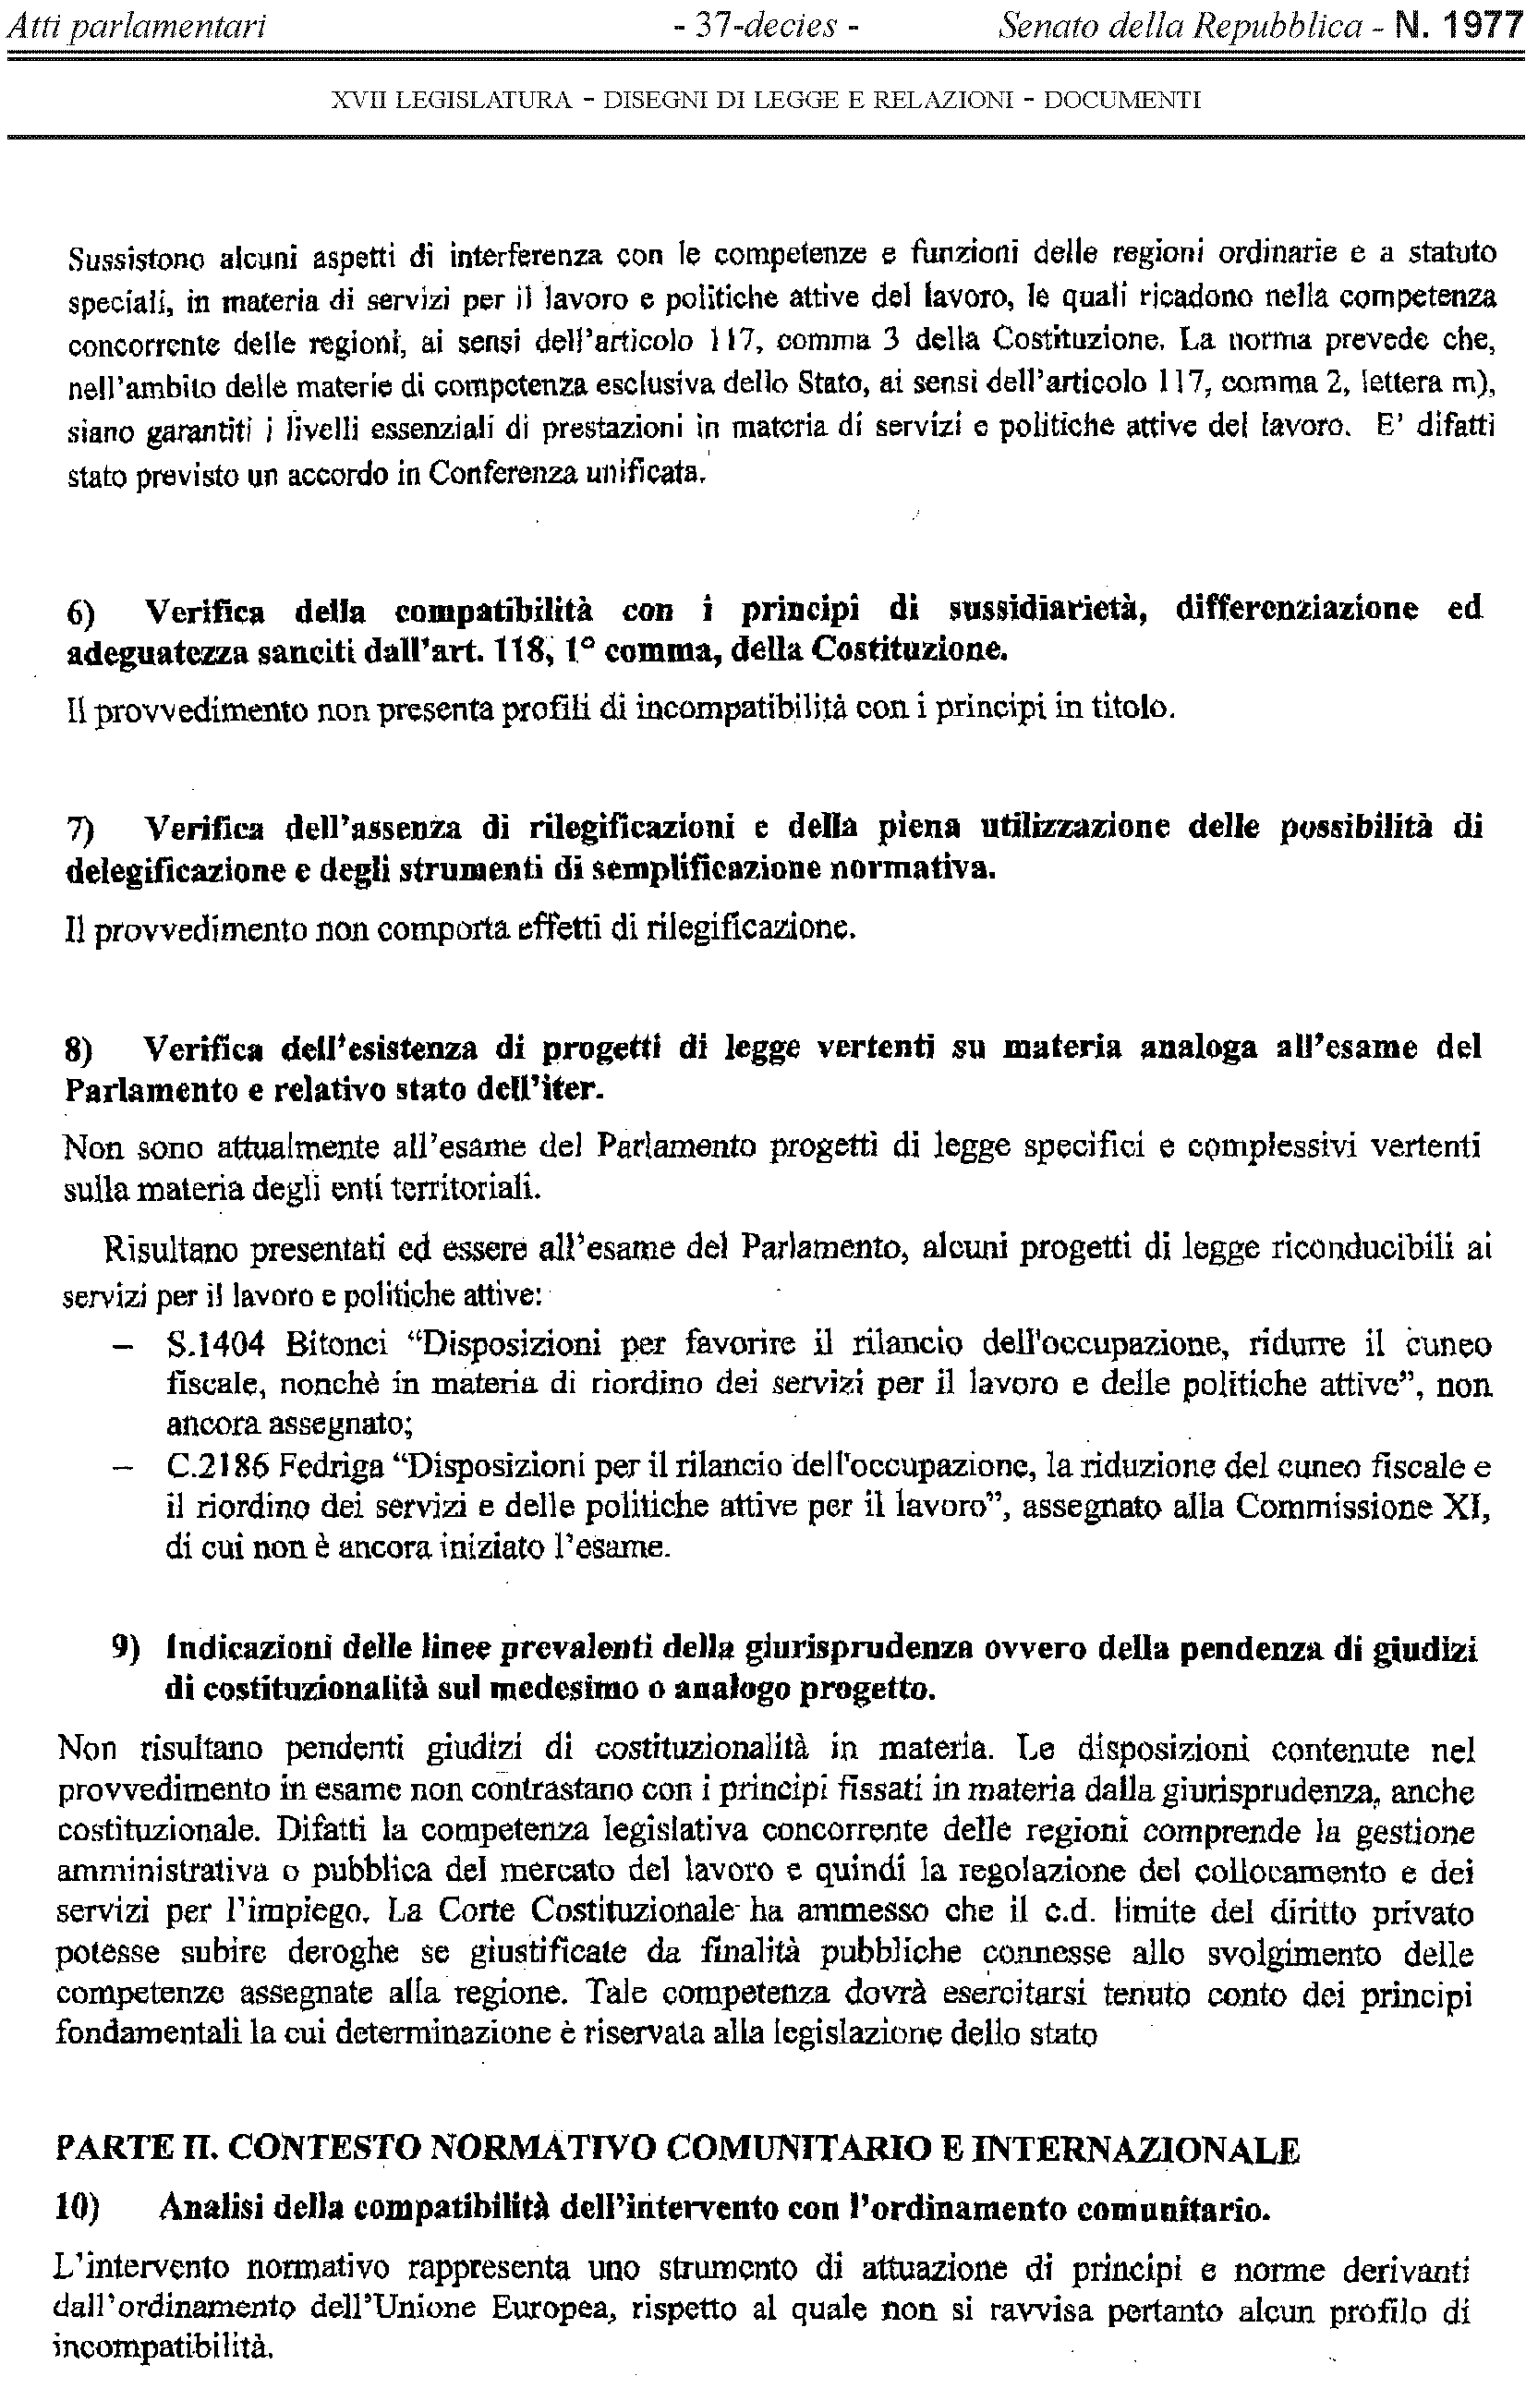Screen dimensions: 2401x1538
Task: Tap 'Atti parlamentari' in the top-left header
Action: (x=136, y=25)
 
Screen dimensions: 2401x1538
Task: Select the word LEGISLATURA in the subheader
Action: (x=488, y=100)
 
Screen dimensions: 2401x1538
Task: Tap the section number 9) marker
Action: (x=126, y=1650)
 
